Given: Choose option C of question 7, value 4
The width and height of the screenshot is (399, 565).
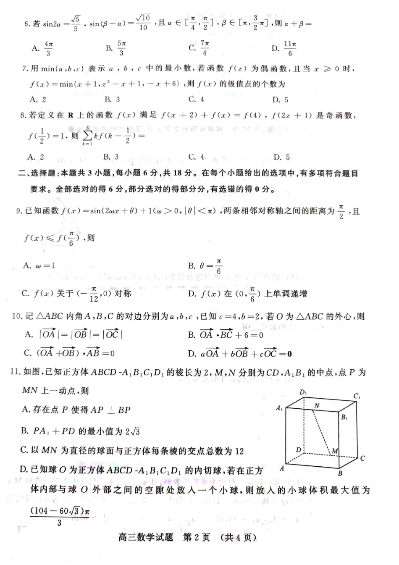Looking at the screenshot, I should click(x=196, y=100).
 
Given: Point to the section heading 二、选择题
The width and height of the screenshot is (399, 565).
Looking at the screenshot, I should click(x=38, y=173).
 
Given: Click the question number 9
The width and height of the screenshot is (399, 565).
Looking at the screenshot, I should click(x=19, y=211).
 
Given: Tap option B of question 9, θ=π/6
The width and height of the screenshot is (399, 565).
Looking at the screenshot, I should click(x=205, y=266).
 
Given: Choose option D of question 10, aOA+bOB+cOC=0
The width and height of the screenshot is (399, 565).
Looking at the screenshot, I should click(x=240, y=354).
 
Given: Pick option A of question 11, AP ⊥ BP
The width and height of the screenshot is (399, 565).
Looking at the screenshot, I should click(x=76, y=410).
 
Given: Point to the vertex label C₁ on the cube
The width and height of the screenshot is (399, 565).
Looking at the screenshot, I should click(x=357, y=396).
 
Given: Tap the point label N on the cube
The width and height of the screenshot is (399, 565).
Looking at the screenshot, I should click(x=317, y=405).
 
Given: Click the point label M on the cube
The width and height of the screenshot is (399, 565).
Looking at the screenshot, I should click(x=335, y=451).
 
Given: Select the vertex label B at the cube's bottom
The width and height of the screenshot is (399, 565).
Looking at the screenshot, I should click(x=340, y=473).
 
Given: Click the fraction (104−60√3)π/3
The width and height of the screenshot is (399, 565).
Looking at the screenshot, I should click(x=60, y=516).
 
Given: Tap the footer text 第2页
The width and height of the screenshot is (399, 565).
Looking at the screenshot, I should click(x=197, y=537).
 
